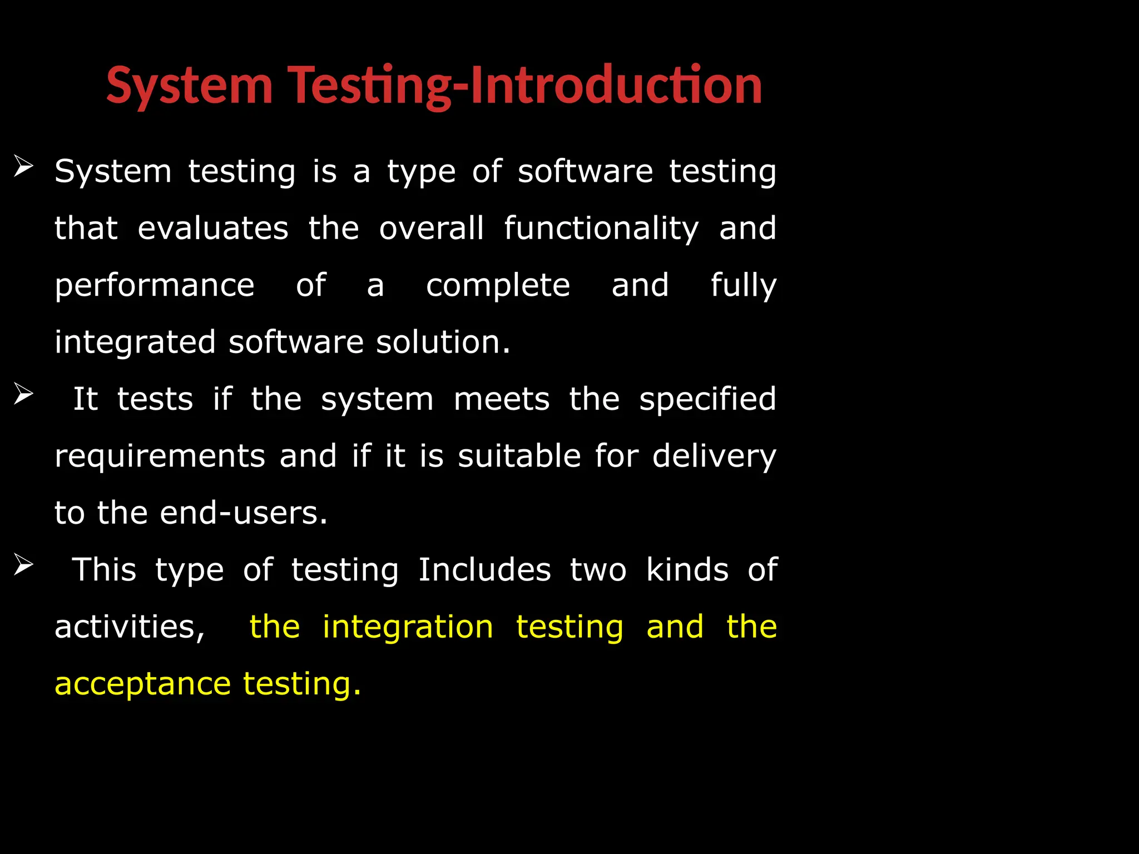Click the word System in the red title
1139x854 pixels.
coord(189,86)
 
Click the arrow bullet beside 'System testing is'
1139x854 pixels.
coord(23,166)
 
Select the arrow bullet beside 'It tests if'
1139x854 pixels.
coord(23,394)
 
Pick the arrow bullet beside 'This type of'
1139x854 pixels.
coord(23,565)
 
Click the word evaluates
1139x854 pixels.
coord(213,229)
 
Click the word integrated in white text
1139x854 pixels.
coord(135,343)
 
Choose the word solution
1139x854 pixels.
coord(443,342)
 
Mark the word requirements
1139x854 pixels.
coord(160,457)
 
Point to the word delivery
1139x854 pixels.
coord(714,457)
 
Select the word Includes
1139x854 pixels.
coord(484,570)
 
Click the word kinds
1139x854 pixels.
coord(687,570)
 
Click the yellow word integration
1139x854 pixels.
coord(408,628)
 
